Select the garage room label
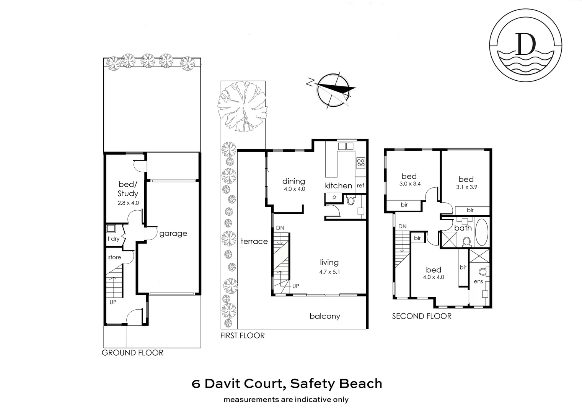(173, 233)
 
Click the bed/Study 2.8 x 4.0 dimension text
(128, 203)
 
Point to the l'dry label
(113, 239)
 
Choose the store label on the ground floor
(114, 257)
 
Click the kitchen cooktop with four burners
(360, 163)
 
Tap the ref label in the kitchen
(360, 186)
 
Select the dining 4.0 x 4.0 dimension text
(294, 189)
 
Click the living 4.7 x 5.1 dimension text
(329, 272)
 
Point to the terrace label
(254, 241)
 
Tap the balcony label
(324, 316)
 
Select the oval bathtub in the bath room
(481, 233)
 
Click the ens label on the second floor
(478, 282)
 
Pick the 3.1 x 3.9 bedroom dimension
(466, 187)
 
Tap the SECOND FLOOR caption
(422, 316)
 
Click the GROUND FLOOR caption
(132, 353)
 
